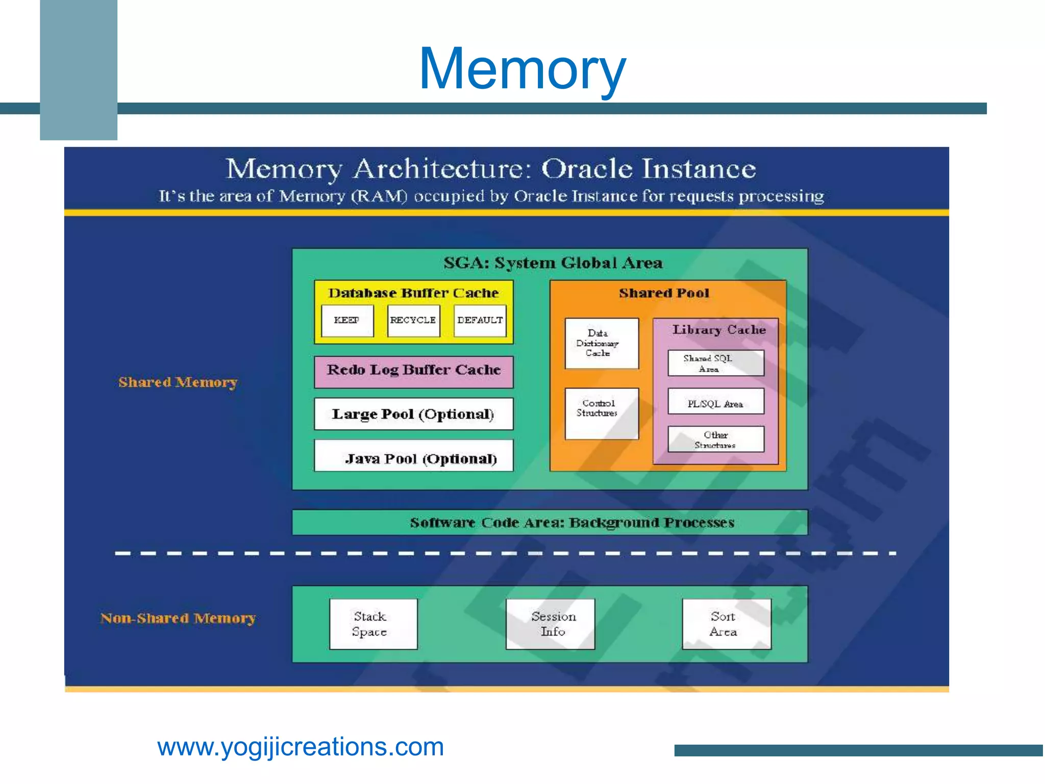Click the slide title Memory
point(522,68)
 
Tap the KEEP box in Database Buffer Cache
point(347,321)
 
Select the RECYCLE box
point(413,321)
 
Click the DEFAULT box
point(480,321)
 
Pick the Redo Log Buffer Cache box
point(414,371)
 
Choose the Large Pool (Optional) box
point(414,414)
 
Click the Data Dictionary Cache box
point(602,343)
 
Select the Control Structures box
point(602,413)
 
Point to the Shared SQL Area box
point(716,363)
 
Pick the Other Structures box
point(716,439)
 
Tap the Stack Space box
point(373,624)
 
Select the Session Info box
point(550,624)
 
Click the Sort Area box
point(727,624)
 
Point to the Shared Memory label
point(178,382)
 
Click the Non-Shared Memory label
point(178,618)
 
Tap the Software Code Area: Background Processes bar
point(550,522)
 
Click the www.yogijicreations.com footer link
point(301,747)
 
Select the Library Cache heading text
point(718,330)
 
